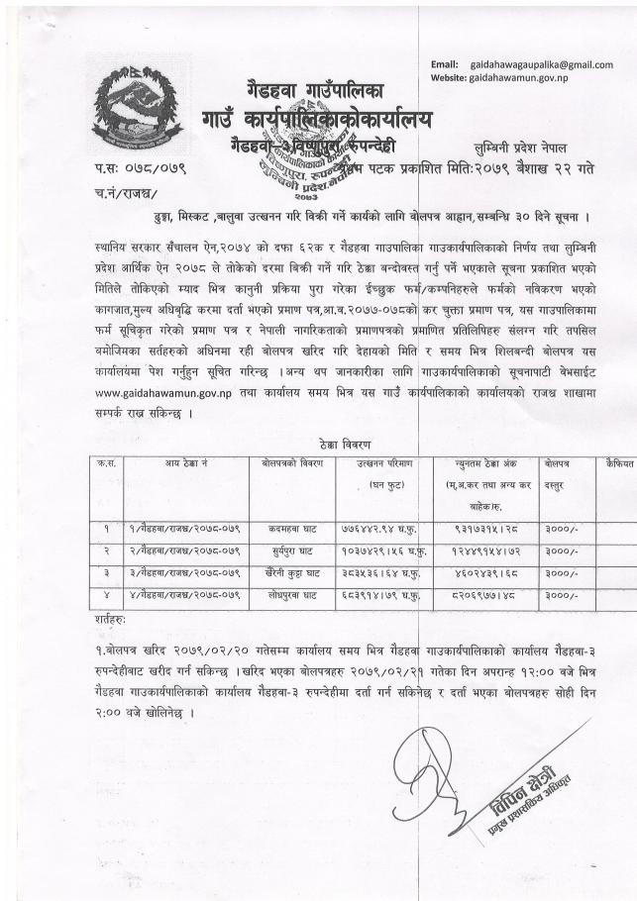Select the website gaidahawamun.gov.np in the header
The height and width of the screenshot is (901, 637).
[518, 77]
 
